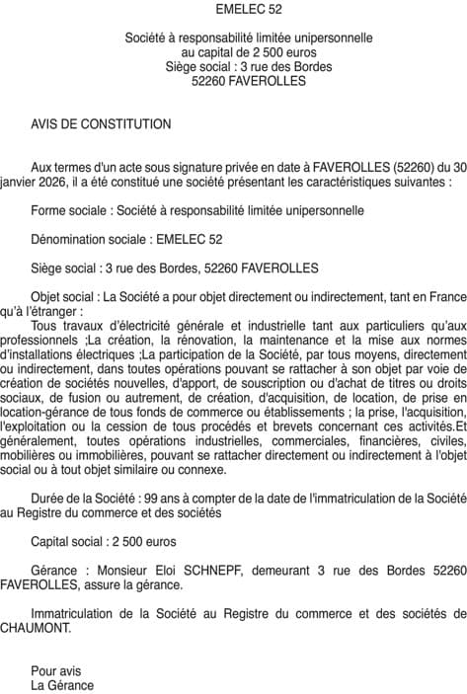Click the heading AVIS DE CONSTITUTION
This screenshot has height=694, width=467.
tap(102, 124)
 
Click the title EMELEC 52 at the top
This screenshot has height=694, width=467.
tap(233, 9)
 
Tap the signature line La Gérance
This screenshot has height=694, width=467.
tap(62, 684)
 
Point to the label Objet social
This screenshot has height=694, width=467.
tap(64, 295)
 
